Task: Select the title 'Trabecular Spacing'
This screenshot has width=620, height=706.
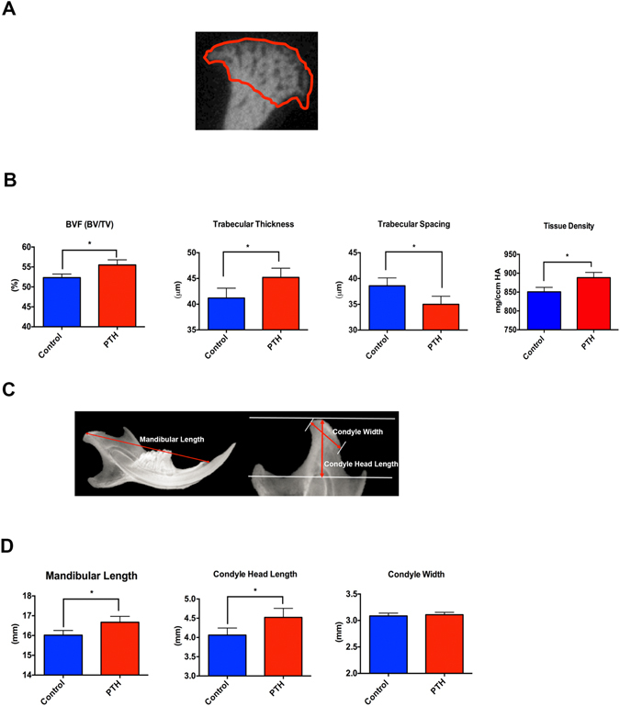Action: click(414, 223)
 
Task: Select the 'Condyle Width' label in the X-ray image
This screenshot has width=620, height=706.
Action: click(358, 431)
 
